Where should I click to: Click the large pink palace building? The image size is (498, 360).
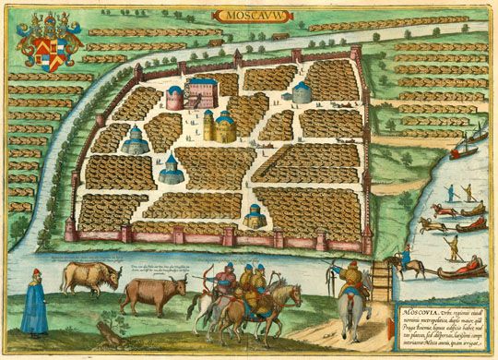[202, 89]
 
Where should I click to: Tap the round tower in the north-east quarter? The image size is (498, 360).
[302, 92]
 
